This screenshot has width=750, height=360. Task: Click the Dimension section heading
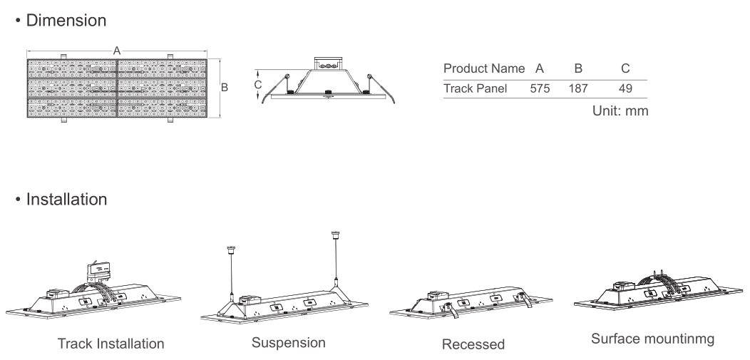(x=66, y=20)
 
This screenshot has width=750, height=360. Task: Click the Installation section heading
(x=66, y=199)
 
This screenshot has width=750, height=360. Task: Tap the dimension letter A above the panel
(x=117, y=51)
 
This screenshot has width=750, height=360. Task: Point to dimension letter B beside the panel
(x=224, y=88)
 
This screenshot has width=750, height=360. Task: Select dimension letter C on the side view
(x=258, y=85)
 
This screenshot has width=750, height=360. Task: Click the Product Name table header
(x=484, y=68)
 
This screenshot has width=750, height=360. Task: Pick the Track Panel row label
(x=475, y=88)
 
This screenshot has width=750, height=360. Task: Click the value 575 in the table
(x=540, y=88)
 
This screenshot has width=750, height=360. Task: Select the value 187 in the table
(x=578, y=88)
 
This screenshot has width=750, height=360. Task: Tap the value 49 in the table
(x=625, y=88)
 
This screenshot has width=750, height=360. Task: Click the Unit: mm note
(x=620, y=110)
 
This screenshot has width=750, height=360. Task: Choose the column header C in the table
(x=625, y=68)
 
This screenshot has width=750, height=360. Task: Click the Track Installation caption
(x=111, y=344)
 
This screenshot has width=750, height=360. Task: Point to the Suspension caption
(x=289, y=343)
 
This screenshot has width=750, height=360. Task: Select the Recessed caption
(x=473, y=344)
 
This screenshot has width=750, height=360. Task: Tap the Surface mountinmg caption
(x=653, y=339)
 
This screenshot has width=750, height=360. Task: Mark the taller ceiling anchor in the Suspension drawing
(x=335, y=236)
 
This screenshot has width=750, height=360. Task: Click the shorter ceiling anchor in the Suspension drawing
(x=231, y=250)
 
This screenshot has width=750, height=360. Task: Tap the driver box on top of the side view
(x=329, y=63)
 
